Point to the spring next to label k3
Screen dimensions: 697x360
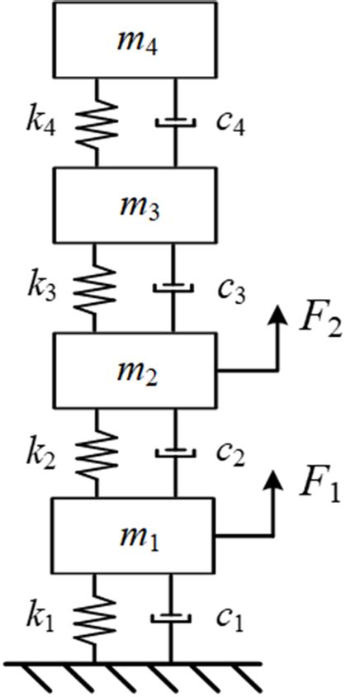tap(96, 289)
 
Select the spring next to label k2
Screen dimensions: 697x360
tap(96, 453)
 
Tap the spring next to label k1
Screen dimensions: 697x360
tap(96, 619)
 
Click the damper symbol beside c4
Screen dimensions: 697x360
tap(173, 123)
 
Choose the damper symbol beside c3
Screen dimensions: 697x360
tap(173, 289)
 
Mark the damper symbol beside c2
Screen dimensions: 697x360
tap(173, 453)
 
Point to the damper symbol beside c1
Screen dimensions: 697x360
tap(173, 619)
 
